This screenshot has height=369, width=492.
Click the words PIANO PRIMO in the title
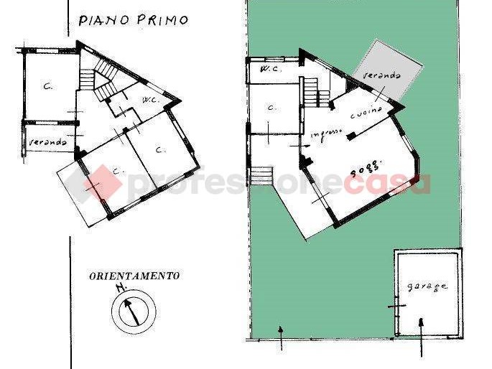[132, 20]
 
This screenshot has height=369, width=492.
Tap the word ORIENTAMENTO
[134, 275]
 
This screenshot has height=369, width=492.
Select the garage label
[427, 286]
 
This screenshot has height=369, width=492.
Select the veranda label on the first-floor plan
[48, 143]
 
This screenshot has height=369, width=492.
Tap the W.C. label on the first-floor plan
[150, 99]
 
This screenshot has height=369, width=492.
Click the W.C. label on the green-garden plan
[270, 70]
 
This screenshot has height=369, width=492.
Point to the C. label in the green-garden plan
[271, 108]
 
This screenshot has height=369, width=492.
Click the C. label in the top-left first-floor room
[47, 87]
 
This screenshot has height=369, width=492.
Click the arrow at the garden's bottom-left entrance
[281, 337]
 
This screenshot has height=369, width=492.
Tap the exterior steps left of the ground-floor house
[261, 175]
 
